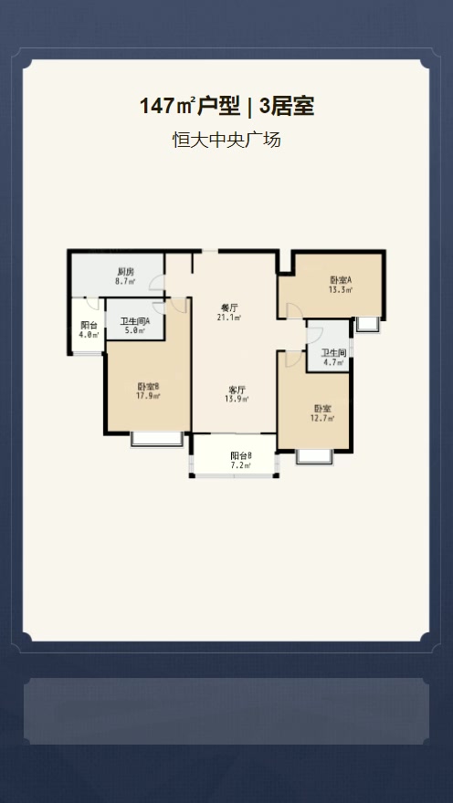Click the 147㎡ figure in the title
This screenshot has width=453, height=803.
click(x=166, y=107)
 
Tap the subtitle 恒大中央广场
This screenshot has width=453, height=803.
click(x=226, y=140)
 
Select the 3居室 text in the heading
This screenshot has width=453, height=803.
click(x=287, y=107)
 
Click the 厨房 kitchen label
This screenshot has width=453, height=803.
click(x=125, y=272)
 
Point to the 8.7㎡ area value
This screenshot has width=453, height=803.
click(x=125, y=281)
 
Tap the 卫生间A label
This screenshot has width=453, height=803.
click(x=135, y=321)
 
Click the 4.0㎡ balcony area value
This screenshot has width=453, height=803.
click(x=89, y=334)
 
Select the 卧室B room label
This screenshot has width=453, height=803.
click(x=149, y=386)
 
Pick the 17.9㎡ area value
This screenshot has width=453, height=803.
click(x=149, y=395)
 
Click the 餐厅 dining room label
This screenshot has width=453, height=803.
click(x=229, y=308)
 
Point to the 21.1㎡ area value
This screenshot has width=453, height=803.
click(x=229, y=318)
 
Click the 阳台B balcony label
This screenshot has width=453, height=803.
click(x=241, y=455)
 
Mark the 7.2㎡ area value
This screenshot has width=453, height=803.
click(x=241, y=465)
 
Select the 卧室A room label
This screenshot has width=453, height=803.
click(x=341, y=280)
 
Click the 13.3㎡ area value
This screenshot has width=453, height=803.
click(x=341, y=290)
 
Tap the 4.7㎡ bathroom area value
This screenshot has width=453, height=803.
click(x=333, y=362)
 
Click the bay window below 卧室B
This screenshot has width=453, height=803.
click(x=157, y=439)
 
